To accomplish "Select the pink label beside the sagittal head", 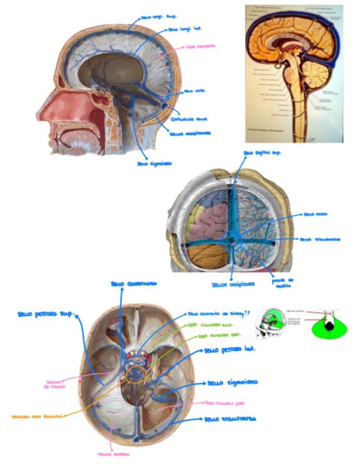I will pyautogui.click(x=200, y=46).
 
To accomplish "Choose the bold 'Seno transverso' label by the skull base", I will pyautogui.click(x=229, y=419).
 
